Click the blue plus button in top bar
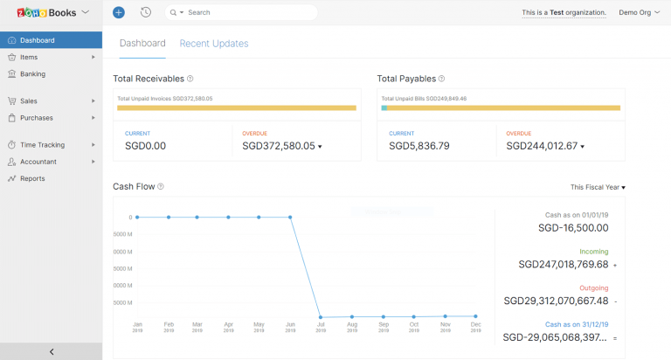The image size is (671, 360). [119, 12]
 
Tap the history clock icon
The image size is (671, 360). [145, 12]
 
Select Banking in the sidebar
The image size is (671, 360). [32, 74]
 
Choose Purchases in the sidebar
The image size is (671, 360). [36, 118]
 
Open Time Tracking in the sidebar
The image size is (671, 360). [42, 145]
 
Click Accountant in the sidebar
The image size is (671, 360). [38, 162]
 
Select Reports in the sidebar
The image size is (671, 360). [32, 178]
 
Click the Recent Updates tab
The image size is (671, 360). [213, 44]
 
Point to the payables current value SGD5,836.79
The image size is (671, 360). [419, 146]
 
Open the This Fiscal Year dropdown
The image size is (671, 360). [598, 187]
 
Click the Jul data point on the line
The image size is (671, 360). [322, 317]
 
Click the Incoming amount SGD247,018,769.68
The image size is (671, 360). [563, 264]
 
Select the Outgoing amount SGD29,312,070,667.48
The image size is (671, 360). [556, 301]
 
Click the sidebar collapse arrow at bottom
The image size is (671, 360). [51, 351]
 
